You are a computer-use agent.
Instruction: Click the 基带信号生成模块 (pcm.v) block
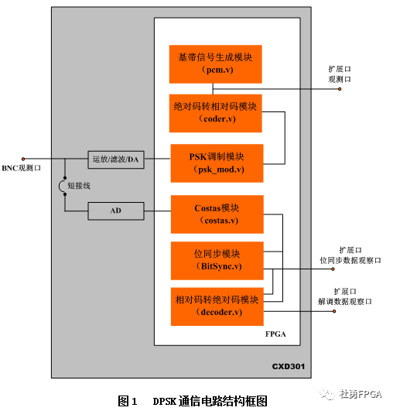tap(216, 63)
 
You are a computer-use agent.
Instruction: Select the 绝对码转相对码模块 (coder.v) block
tap(216, 112)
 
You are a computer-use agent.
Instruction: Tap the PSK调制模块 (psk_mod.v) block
tap(216, 163)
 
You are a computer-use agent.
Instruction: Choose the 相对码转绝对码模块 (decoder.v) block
tap(216, 306)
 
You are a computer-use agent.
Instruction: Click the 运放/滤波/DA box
tap(115, 159)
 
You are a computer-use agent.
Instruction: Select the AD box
tap(115, 210)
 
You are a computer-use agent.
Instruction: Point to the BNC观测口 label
tap(21, 168)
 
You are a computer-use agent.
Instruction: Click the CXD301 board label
tap(290, 366)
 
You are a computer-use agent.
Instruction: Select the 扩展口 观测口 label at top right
tap(340, 74)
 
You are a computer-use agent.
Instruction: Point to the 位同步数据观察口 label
tap(350, 260)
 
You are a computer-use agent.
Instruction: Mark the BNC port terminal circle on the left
tap(25, 158)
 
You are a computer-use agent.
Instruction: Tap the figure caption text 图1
tap(127, 400)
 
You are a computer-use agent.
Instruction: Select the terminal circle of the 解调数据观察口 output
tap(334, 311)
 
